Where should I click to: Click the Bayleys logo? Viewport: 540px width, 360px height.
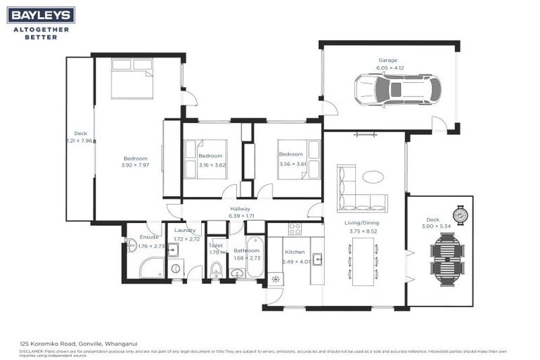[41, 15]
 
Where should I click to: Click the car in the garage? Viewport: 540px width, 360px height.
[397, 90]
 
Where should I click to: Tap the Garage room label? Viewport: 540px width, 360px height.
[391, 60]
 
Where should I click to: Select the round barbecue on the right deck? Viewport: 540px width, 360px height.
[461, 214]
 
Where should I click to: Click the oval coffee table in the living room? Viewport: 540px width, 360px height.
[373, 176]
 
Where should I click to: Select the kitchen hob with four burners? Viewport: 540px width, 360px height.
[295, 229]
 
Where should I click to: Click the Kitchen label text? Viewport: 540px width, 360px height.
[293, 252]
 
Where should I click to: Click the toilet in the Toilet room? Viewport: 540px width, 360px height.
[217, 269]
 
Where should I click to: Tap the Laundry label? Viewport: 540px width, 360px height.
[185, 230]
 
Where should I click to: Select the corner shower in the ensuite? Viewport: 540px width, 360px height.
[150, 268]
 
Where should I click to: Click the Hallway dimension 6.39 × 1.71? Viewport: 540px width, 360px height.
[240, 217]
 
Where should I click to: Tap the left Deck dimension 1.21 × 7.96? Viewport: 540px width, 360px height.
[80, 141]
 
